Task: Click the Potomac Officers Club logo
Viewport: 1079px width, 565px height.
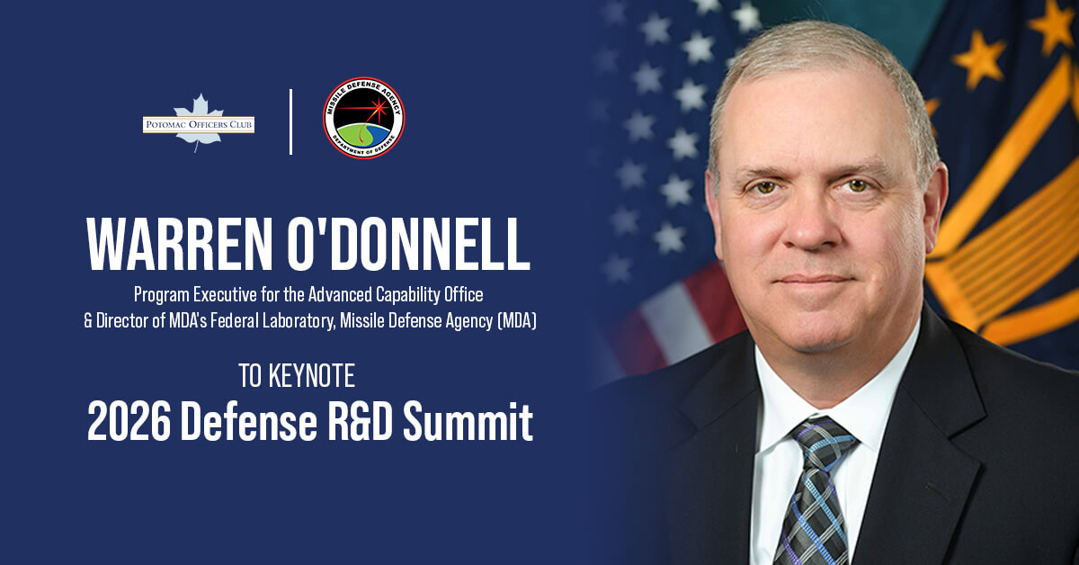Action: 199,122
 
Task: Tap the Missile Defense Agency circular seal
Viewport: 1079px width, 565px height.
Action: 363,118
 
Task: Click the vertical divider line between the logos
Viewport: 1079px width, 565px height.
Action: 290,121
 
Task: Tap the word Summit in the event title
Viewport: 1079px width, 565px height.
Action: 482,422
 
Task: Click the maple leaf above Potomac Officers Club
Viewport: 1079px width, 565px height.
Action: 198,105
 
